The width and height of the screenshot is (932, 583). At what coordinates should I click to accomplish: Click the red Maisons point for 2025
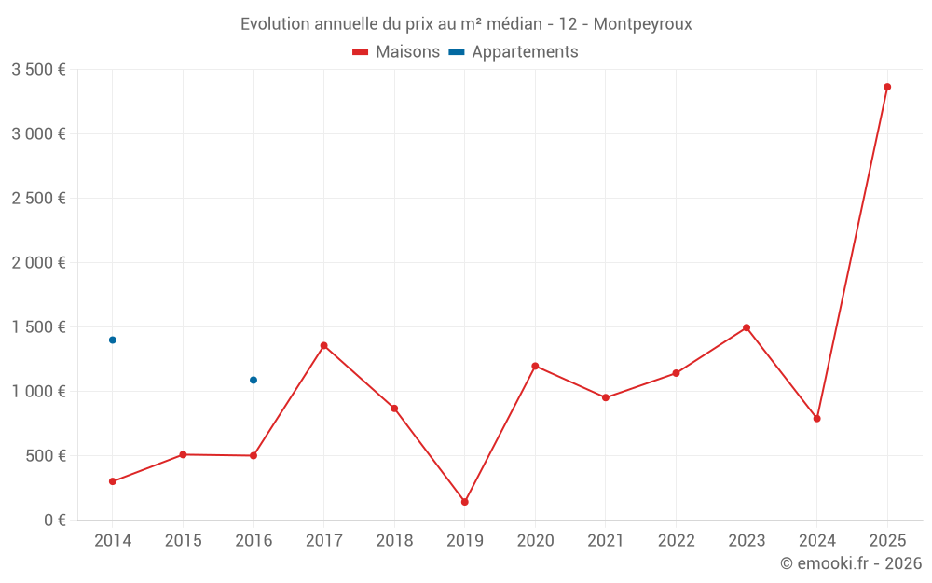(887, 87)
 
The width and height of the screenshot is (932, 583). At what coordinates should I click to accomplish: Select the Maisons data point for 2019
(465, 502)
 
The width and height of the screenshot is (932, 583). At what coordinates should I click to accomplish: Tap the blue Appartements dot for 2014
(113, 340)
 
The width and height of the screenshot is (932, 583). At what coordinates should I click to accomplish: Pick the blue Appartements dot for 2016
(254, 380)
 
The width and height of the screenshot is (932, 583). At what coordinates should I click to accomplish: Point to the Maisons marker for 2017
(324, 345)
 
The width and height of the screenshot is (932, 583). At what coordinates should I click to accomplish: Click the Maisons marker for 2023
(747, 327)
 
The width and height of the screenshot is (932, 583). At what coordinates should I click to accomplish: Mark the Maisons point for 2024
(816, 418)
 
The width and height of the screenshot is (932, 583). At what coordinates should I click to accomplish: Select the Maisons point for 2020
(535, 366)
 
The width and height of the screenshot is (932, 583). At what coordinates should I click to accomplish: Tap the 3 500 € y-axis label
(38, 69)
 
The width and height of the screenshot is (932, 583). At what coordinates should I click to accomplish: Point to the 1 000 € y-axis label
(38, 391)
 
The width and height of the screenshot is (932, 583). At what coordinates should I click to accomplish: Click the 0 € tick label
(52, 520)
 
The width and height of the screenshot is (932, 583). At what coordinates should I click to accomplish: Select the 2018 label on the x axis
(394, 540)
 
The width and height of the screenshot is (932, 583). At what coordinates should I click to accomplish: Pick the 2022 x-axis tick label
(676, 540)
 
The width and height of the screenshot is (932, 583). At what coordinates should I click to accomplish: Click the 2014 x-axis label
(113, 540)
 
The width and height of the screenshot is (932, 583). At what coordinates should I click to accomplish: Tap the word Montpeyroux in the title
(642, 24)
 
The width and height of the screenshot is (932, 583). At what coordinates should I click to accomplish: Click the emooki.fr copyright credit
(850, 563)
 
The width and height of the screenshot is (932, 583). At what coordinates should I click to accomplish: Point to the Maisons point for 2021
(606, 397)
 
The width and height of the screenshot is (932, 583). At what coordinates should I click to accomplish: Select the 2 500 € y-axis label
(38, 198)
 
